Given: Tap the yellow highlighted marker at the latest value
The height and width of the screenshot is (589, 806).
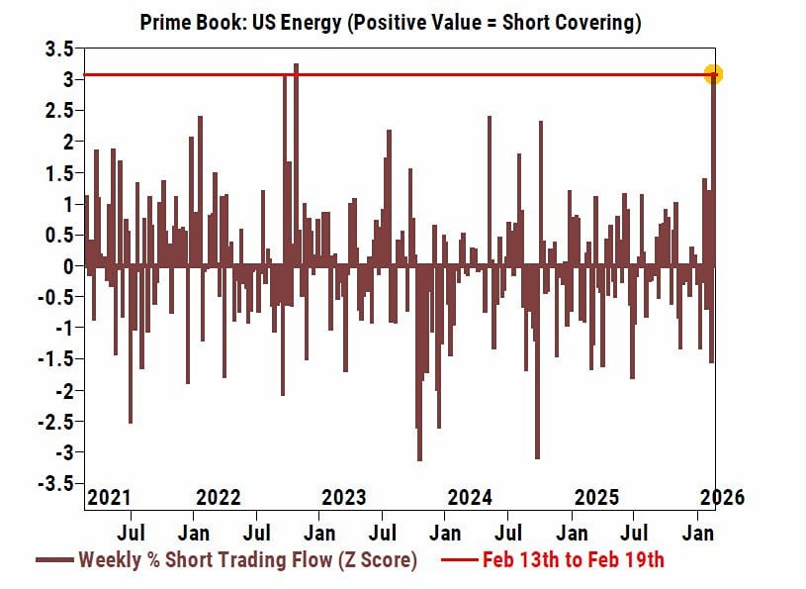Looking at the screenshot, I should pyautogui.click(x=713, y=74).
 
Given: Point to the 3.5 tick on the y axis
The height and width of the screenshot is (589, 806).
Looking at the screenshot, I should pyautogui.click(x=59, y=49).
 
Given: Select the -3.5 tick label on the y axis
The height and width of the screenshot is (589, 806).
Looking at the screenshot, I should pyautogui.click(x=55, y=484).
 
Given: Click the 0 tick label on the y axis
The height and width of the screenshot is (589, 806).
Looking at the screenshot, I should pyautogui.click(x=67, y=266).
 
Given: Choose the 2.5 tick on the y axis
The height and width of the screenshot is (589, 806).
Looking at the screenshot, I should pyautogui.click(x=59, y=111).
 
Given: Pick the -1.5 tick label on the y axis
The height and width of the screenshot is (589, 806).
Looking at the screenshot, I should pyautogui.click(x=55, y=359).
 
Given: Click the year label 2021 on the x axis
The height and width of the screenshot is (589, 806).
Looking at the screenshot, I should pyautogui.click(x=109, y=497).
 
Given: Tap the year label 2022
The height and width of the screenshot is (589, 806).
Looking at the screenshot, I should pyautogui.click(x=219, y=497).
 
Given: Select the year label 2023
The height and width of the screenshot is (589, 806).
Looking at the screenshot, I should pyautogui.click(x=344, y=497).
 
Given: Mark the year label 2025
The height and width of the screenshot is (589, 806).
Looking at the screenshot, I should pyautogui.click(x=596, y=497).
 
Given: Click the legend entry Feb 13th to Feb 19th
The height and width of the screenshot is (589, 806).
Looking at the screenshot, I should pyautogui.click(x=574, y=560).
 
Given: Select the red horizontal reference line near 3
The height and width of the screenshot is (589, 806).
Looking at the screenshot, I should pyautogui.click(x=396, y=74).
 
